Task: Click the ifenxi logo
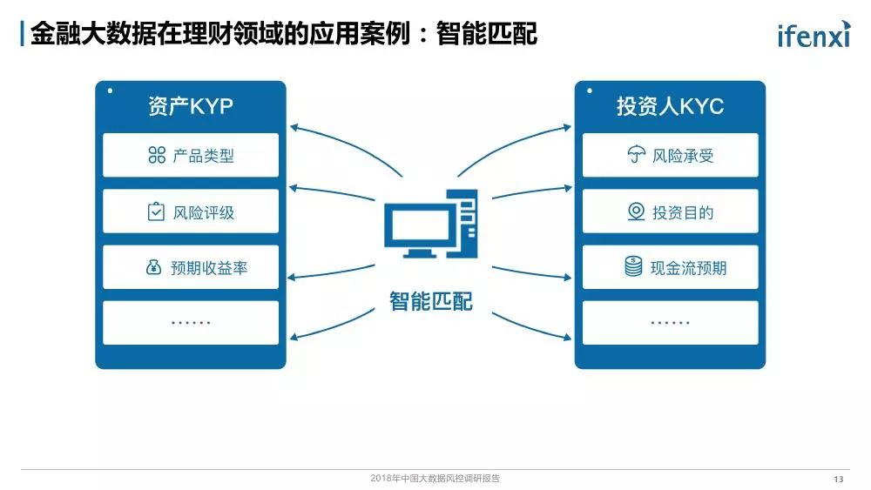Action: point(814,34)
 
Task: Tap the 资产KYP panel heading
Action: point(191,106)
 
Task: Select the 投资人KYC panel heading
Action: point(670,106)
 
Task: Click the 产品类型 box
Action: point(191,156)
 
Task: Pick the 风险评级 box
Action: point(191,211)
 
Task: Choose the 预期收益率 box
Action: point(191,267)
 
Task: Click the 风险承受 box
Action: point(670,156)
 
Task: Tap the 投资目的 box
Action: point(670,211)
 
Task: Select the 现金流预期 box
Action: point(670,267)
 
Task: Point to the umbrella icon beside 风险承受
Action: point(637,157)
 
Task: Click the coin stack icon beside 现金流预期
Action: point(633,267)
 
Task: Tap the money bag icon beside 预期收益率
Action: point(153,267)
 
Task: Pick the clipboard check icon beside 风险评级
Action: point(156,211)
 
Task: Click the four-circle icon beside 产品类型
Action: point(157,156)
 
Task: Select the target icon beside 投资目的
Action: point(637,211)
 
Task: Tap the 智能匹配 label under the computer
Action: point(431,301)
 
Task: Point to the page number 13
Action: point(839,480)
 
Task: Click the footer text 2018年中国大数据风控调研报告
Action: point(435,479)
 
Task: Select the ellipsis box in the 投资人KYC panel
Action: point(670,322)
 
